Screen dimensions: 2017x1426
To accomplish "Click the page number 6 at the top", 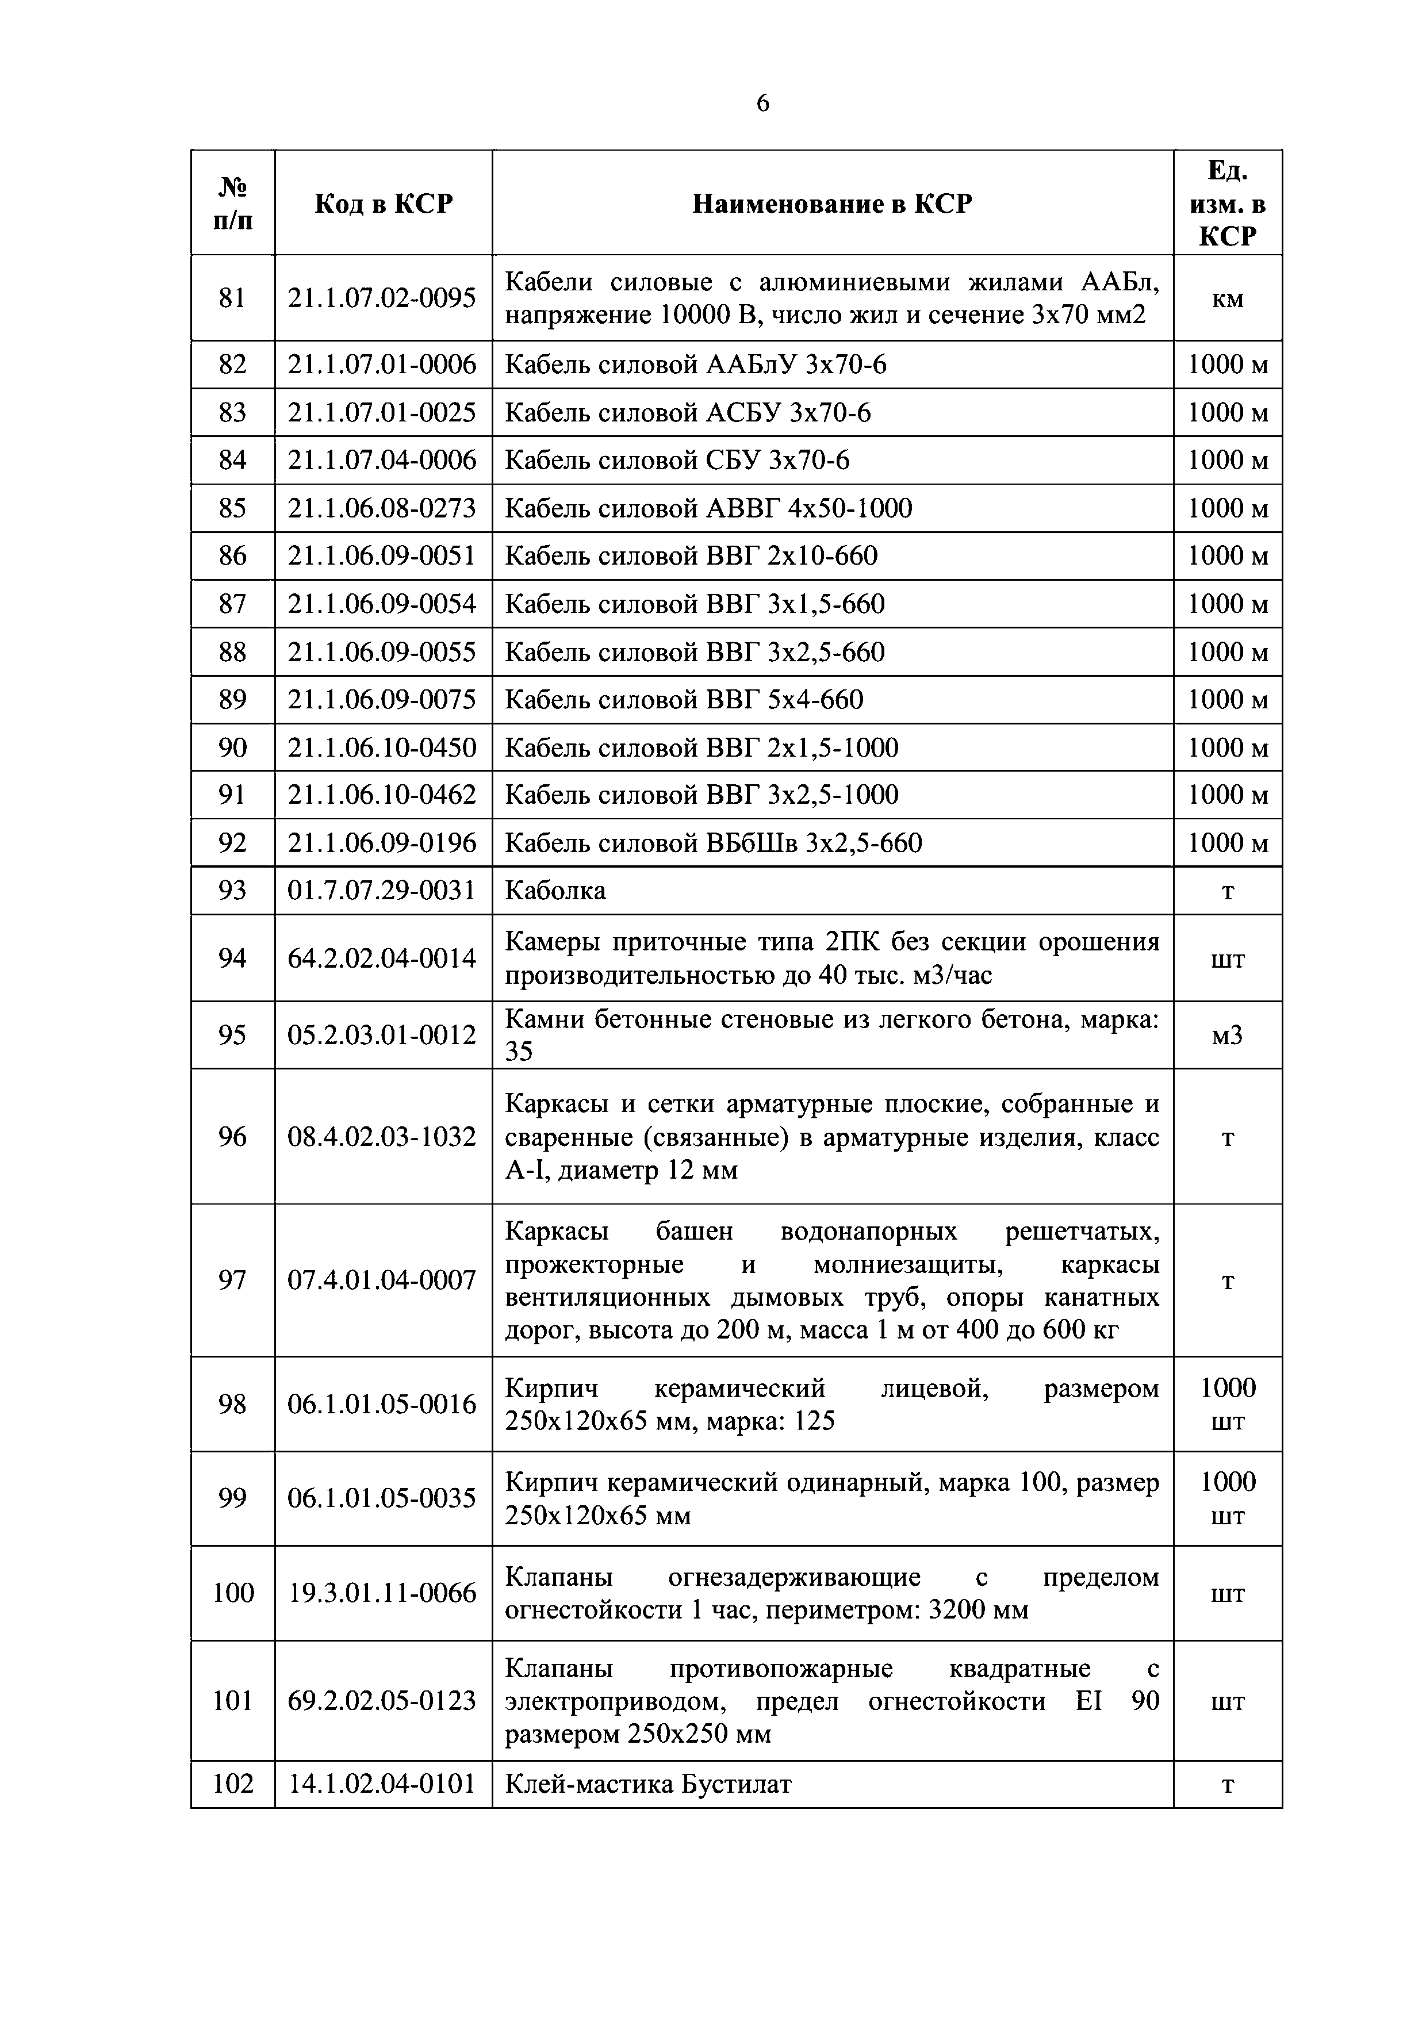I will coord(762,103).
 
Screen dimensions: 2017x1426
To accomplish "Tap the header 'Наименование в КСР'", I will coord(832,204).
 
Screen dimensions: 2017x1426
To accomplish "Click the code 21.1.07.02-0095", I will coord(382,298).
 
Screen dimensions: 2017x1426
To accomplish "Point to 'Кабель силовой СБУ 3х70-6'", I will coord(677,461).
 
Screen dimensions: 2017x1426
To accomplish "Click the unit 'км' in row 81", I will coord(1228,298).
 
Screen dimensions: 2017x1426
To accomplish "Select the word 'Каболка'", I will coord(555,891).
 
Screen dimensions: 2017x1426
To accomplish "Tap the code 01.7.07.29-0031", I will coord(382,891).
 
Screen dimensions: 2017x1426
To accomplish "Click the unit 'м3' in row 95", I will coord(1228,1035).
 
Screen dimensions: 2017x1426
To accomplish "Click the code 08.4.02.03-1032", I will coord(382,1137).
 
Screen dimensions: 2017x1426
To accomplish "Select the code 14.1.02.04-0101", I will coord(382,1784).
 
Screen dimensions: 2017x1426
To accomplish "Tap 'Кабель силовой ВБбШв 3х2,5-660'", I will coord(714,843).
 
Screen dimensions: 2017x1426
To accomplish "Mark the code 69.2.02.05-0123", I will coord(382,1701).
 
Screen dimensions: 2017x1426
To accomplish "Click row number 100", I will coord(233,1593).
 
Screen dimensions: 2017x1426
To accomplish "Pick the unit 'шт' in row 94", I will coord(1228,958).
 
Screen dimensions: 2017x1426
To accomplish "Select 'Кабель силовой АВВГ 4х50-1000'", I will coord(708,508).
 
